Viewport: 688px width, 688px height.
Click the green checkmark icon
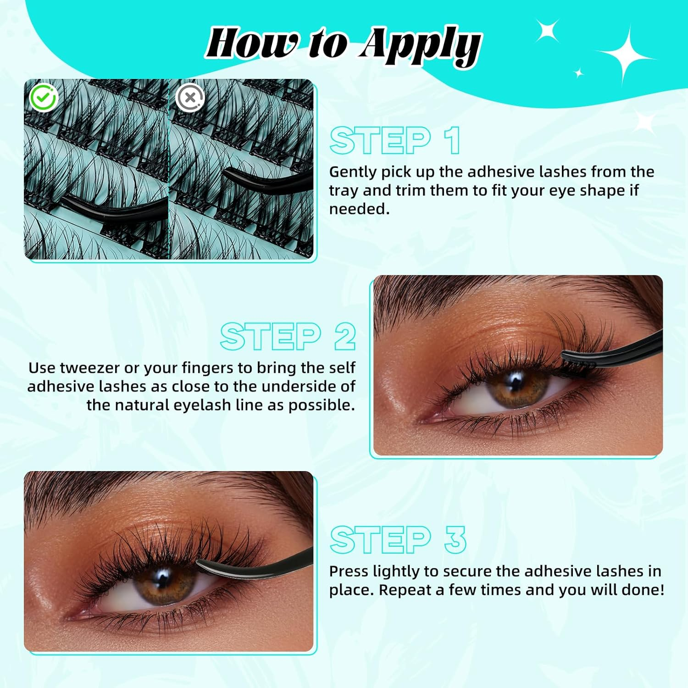pos(43,97)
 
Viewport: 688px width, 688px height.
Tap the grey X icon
pos(190,97)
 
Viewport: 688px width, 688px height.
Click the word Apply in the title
pos(420,45)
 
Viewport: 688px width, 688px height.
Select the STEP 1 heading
pos(394,140)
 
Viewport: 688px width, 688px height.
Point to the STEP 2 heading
pos(288,336)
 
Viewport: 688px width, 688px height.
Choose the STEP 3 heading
pos(398,539)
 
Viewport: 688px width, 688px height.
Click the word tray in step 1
pos(344,190)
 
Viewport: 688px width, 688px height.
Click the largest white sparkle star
pos(627,57)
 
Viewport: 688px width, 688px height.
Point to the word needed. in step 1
pos(359,209)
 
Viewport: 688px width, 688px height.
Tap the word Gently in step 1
pos(352,172)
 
